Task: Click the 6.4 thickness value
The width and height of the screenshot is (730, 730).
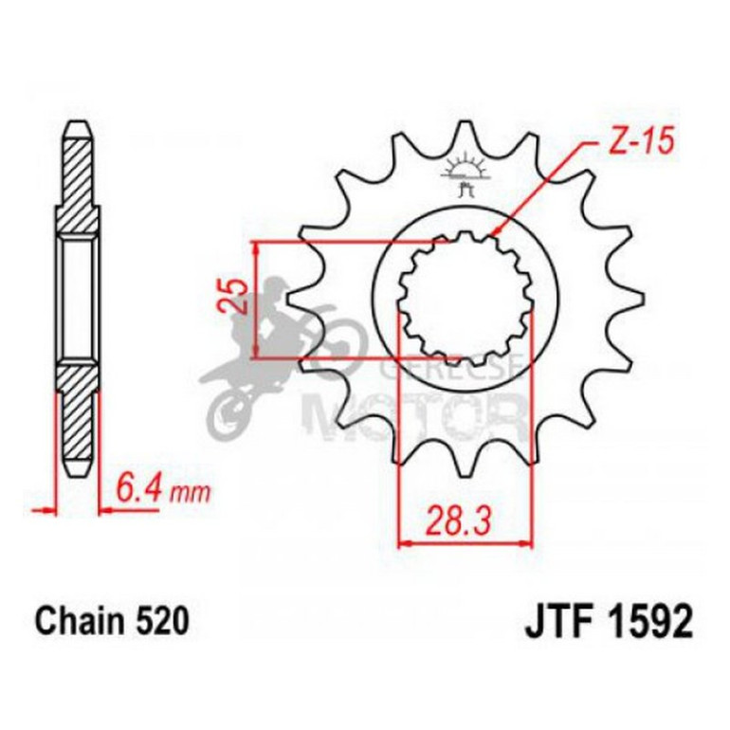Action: (140, 491)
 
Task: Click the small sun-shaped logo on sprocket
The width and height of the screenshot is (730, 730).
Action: (465, 170)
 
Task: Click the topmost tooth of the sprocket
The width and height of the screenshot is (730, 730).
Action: (465, 133)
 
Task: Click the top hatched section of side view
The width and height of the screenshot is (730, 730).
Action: (79, 185)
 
